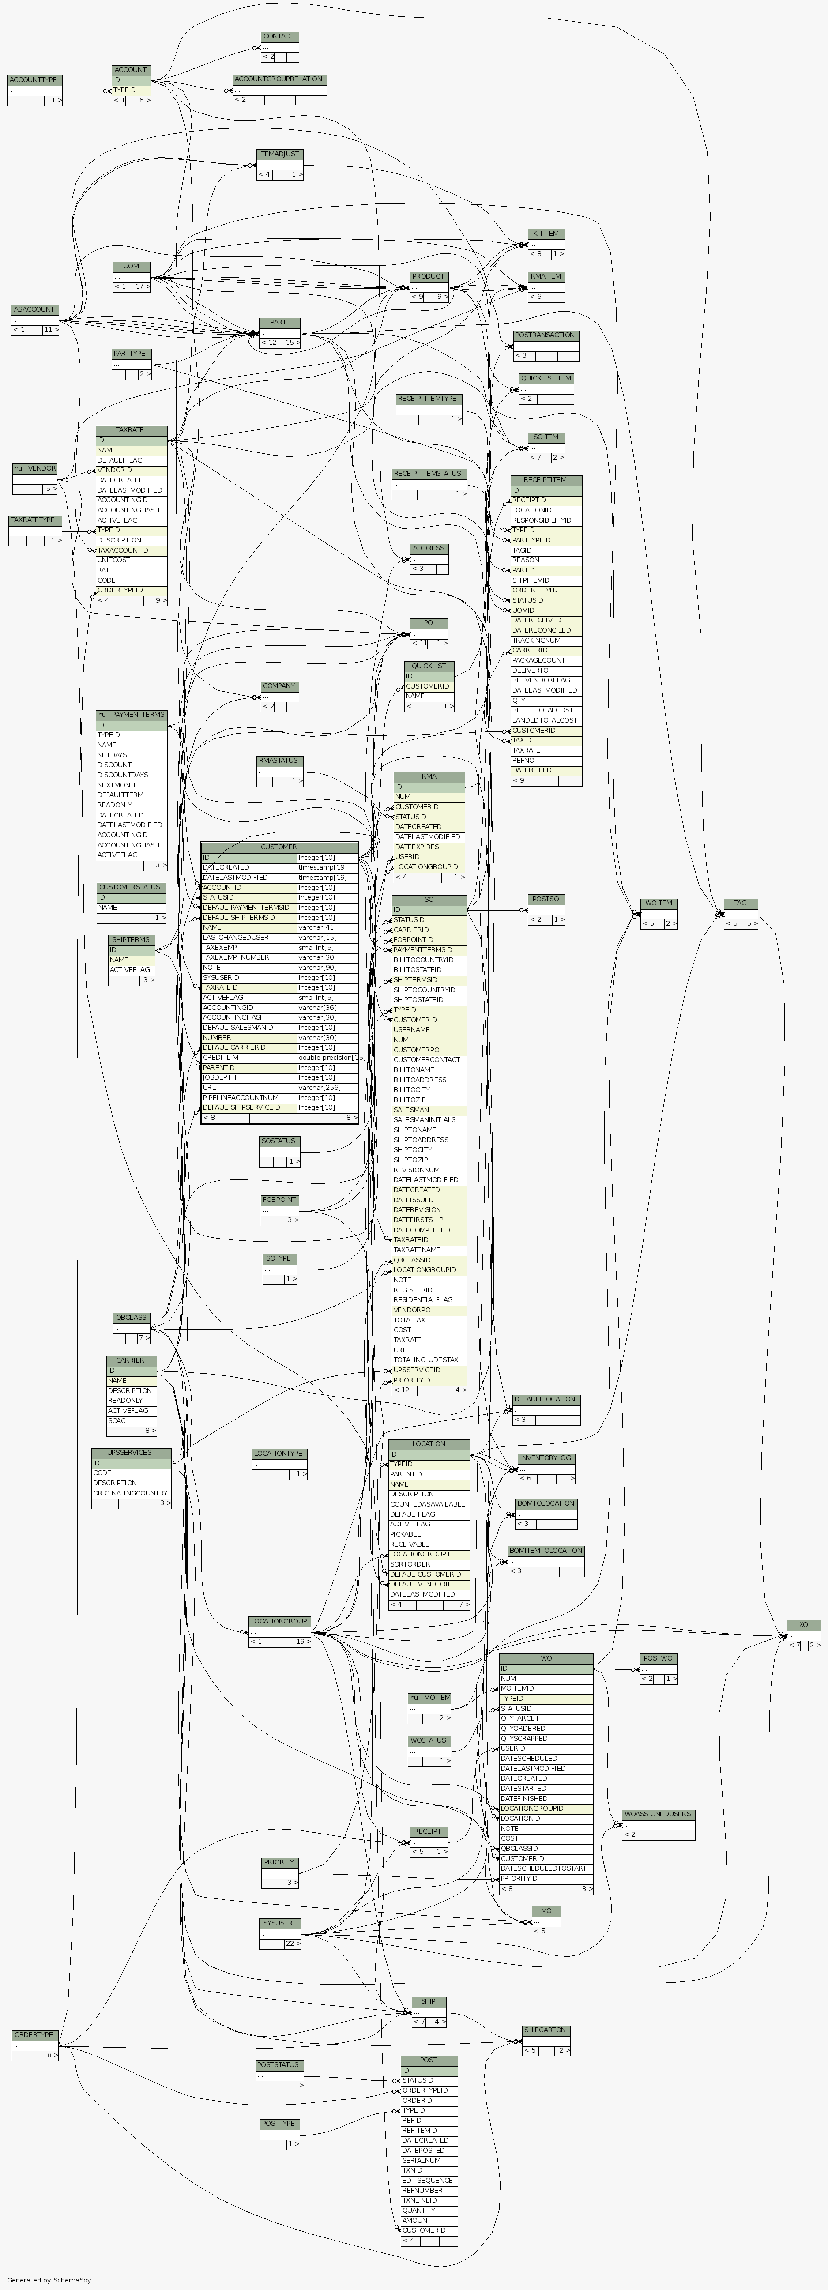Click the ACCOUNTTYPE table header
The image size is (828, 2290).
[x=34, y=80]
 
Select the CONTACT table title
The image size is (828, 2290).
[x=279, y=37]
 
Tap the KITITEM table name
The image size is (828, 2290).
[x=546, y=234]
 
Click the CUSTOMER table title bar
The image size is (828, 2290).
[x=279, y=847]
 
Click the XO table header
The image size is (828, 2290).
[x=803, y=1625]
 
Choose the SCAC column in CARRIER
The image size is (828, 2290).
[x=117, y=1420]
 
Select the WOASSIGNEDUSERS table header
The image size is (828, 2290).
[x=658, y=1815]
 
